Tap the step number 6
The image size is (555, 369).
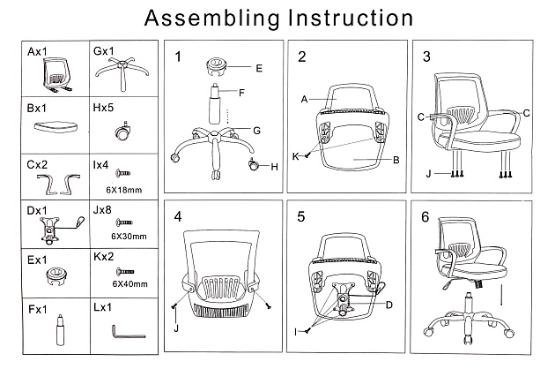pos(426,216)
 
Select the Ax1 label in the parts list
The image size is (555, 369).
pos(37,53)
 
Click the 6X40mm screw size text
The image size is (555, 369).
pos(129,283)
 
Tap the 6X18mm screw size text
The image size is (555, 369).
pos(123,190)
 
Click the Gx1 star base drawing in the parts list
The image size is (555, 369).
pos(122,69)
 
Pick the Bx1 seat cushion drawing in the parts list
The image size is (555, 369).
pos(55,128)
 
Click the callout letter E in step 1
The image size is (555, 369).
pos(259,68)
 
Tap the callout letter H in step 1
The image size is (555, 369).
pos(274,167)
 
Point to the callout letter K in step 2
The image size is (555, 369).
pos(296,156)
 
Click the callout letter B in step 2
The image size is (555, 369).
pos(396,160)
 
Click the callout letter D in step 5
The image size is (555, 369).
pos(388,305)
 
